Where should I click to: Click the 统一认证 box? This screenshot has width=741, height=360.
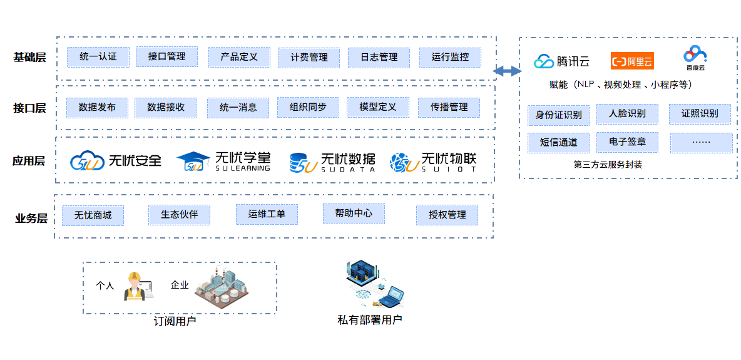click(x=98, y=57)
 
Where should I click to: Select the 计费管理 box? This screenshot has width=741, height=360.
click(x=309, y=58)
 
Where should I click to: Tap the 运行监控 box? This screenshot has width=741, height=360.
click(x=449, y=57)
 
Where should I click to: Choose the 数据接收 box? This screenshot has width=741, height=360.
click(x=166, y=107)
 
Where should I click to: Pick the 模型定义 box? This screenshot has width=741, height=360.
click(x=377, y=107)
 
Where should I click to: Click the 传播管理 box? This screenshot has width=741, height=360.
click(x=449, y=107)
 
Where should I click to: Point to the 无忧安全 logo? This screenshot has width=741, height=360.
click(x=116, y=161)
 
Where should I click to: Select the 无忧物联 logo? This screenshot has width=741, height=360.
click(x=434, y=162)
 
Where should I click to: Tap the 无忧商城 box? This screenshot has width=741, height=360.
click(x=93, y=215)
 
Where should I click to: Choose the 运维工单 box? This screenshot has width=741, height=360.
click(x=267, y=214)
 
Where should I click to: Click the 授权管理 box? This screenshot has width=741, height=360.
click(x=447, y=215)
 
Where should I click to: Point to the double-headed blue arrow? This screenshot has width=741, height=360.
click(x=507, y=71)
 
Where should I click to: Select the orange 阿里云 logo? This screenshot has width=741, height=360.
click(x=632, y=61)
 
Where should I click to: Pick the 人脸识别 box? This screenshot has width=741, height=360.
click(x=627, y=114)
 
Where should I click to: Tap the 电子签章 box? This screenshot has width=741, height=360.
click(x=627, y=142)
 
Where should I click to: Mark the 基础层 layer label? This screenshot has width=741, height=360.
click(x=29, y=58)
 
